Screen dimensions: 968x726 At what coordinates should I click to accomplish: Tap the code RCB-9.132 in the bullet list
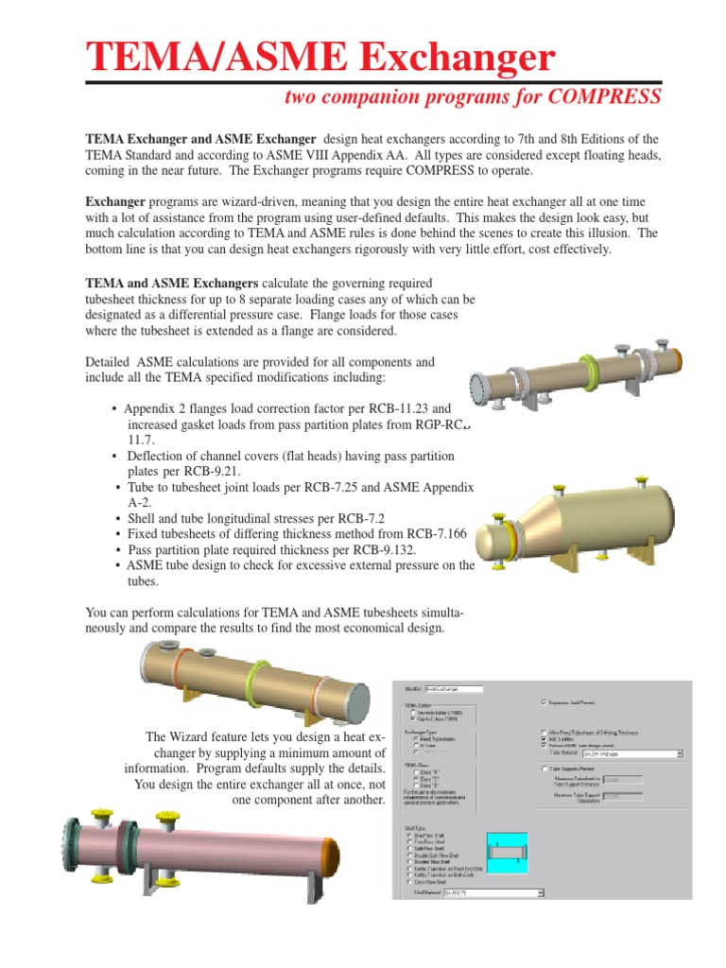[373, 549]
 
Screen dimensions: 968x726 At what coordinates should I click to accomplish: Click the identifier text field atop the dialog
[455, 689]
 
